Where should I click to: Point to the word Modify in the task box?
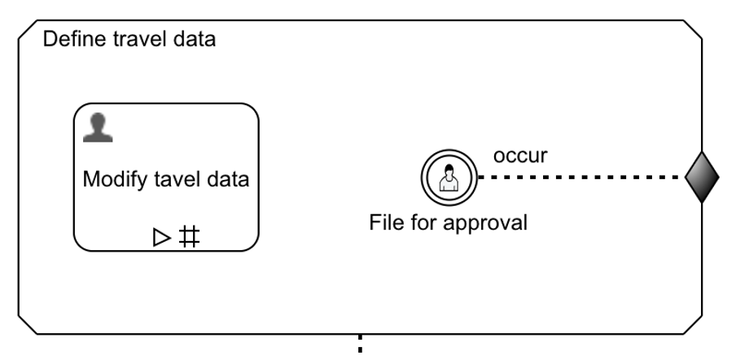[x=112, y=180]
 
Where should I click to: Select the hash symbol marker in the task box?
[x=189, y=237]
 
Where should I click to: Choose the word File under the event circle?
[x=384, y=222]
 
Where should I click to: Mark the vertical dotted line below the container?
[x=360, y=345]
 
